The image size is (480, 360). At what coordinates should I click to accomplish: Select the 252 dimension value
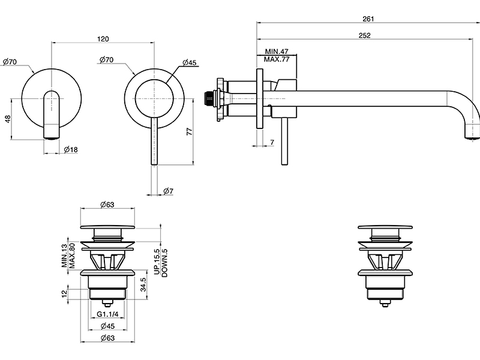coord(366,35)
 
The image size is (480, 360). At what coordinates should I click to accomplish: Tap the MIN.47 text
coord(277,52)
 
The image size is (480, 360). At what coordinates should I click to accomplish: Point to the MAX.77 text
coord(277,60)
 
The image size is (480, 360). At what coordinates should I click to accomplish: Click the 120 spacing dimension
coord(103,39)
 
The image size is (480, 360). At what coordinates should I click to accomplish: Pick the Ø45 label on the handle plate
coord(190,62)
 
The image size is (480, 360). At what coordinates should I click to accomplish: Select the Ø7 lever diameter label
coord(168,191)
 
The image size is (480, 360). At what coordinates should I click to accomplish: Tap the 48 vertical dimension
coord(8,119)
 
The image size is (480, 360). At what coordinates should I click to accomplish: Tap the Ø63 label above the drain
coord(107,205)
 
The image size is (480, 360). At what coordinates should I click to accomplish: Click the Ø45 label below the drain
coord(107,327)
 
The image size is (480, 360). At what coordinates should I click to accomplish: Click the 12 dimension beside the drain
coord(64,293)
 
